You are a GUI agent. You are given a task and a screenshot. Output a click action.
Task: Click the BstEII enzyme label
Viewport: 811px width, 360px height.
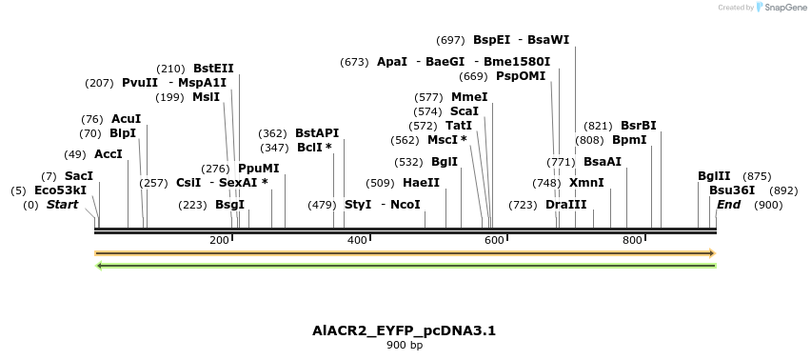[x=213, y=69]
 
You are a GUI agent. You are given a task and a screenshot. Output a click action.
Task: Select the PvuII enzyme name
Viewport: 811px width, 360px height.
[x=140, y=83]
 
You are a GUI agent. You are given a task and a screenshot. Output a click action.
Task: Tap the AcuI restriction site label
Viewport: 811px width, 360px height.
[x=126, y=119]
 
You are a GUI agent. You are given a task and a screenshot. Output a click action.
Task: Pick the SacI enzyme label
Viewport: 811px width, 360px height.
[x=79, y=176]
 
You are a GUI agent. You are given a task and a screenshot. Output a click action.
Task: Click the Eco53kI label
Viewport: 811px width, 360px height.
[x=60, y=190]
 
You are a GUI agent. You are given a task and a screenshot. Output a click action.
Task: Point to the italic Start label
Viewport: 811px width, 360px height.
[x=62, y=205]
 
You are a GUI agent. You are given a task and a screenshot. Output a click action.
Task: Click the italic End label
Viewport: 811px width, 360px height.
[x=728, y=205]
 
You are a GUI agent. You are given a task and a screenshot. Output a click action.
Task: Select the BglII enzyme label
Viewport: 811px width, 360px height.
[x=714, y=176]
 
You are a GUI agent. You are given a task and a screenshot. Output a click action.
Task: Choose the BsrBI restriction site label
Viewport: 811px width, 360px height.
[x=638, y=126]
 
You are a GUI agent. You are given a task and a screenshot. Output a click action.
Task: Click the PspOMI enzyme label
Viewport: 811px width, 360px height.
[x=521, y=76]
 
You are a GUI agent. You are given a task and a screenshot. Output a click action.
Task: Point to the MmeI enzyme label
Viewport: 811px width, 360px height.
[x=469, y=97]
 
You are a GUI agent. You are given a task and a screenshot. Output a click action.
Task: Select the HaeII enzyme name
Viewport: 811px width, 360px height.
[x=421, y=183]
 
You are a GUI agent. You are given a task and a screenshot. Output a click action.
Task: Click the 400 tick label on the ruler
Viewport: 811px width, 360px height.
[x=357, y=241]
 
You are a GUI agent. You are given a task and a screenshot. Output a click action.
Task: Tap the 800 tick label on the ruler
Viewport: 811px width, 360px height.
[x=632, y=241]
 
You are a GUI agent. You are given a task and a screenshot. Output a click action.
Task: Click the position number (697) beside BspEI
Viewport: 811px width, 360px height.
[x=450, y=40]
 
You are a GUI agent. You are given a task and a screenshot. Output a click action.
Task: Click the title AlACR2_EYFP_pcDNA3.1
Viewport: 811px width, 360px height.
[x=405, y=331]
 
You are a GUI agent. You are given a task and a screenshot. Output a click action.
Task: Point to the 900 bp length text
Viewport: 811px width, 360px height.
[x=405, y=346]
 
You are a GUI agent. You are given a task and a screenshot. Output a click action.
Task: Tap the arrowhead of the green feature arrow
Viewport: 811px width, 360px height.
[x=101, y=265]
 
